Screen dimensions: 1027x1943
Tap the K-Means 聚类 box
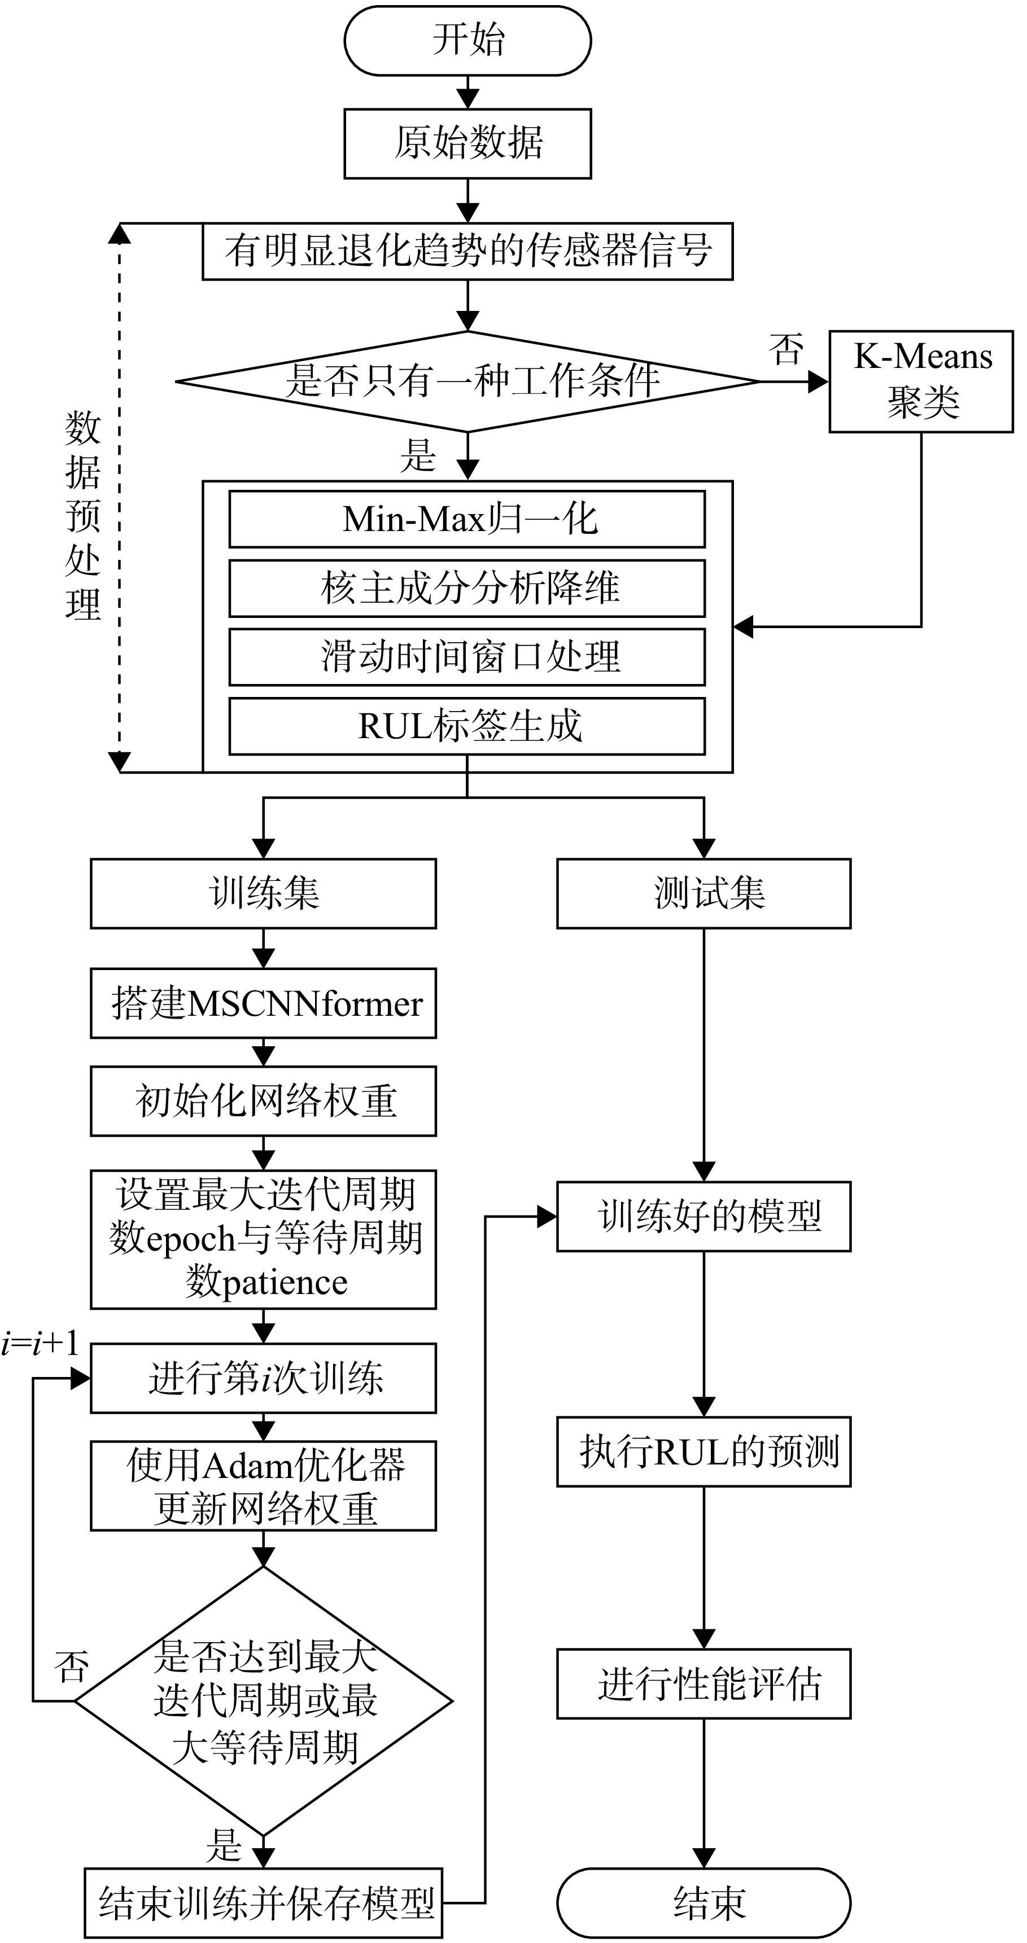click(x=921, y=381)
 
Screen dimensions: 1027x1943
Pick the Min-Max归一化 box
click(x=467, y=519)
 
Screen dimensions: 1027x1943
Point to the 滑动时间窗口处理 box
click(x=467, y=656)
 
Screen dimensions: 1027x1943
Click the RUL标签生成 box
click(x=467, y=726)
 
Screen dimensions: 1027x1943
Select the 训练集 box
click(x=263, y=893)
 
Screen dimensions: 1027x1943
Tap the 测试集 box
click(x=704, y=893)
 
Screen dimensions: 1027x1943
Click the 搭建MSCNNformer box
click(x=263, y=1003)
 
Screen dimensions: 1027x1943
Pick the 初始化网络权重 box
click(x=263, y=1100)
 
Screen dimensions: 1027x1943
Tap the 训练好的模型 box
click(x=704, y=1217)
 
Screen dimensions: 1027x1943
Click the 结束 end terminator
click(x=704, y=1902)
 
